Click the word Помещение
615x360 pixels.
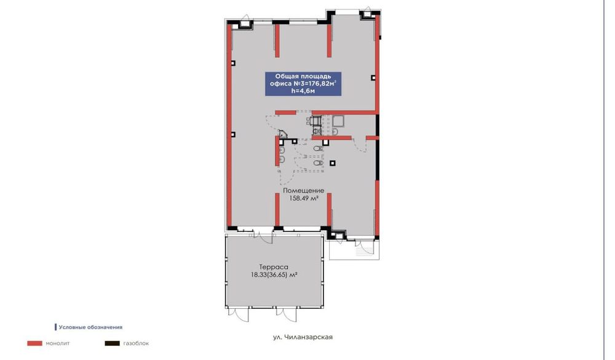(303, 191)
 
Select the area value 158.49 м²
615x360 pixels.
(303, 198)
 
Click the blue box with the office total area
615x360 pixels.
(303, 84)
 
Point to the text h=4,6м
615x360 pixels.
(303, 92)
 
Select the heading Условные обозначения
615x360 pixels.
(90, 327)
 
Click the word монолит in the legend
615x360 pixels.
(58, 343)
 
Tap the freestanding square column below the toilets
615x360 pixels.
(333, 163)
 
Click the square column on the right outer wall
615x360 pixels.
(373, 77)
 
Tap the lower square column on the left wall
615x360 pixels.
(232, 134)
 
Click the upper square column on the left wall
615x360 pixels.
(232, 63)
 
